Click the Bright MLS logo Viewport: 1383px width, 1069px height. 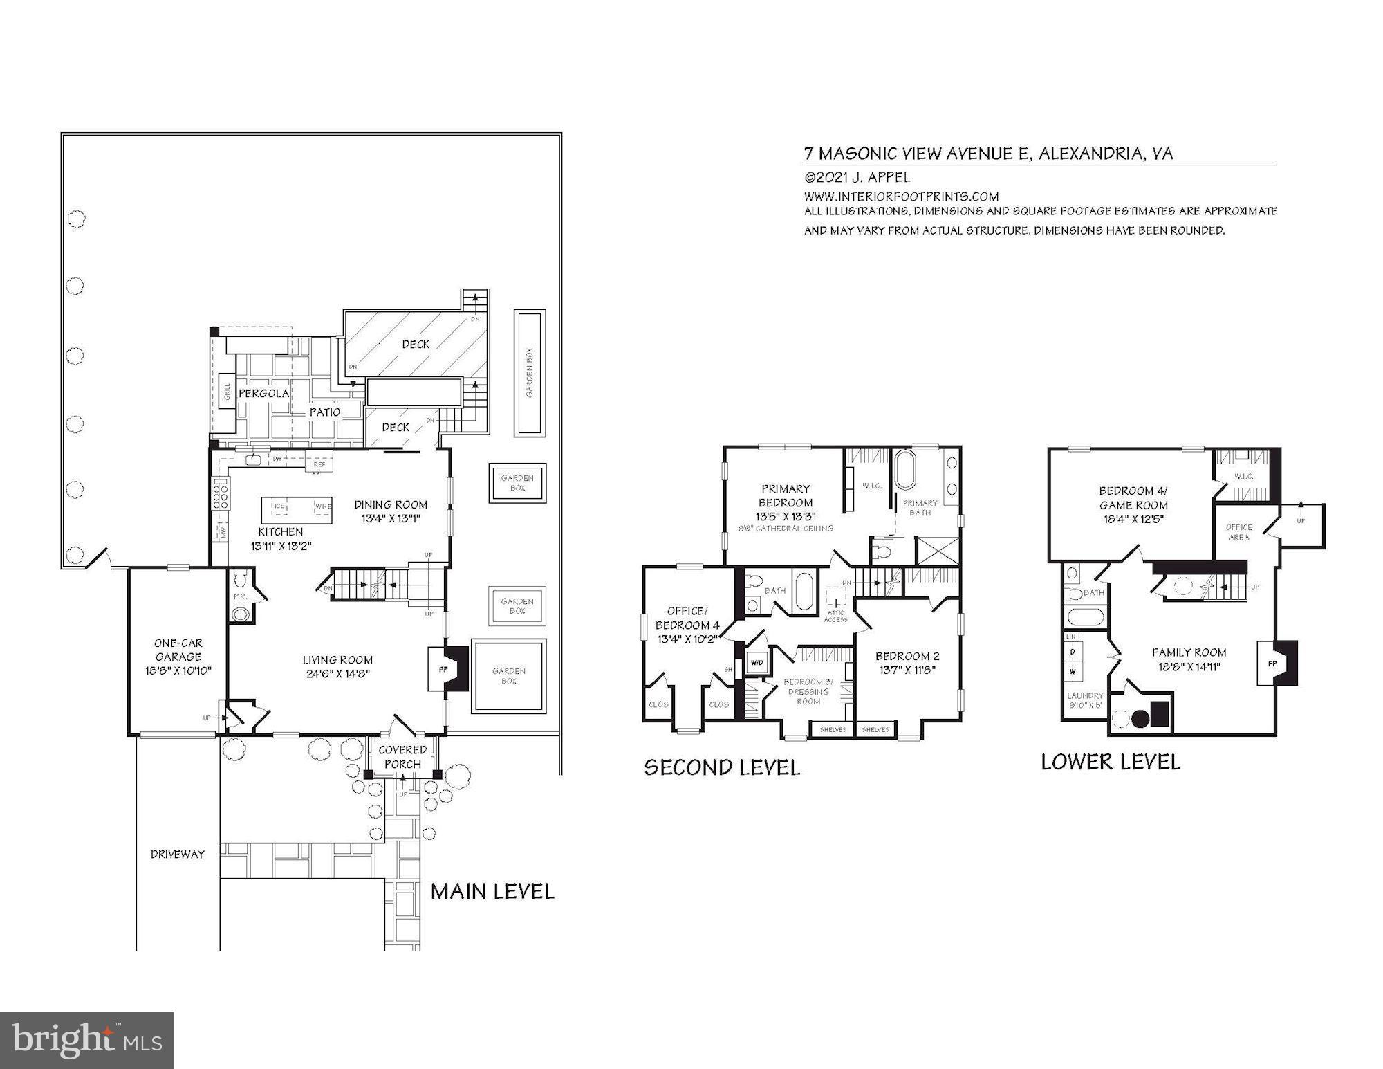tap(86, 1040)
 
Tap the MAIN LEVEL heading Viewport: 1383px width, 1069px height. tap(492, 891)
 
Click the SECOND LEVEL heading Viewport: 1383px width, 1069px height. tap(722, 767)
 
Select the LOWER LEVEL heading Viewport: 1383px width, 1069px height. tap(1111, 762)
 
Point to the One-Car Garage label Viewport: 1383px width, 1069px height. tap(178, 650)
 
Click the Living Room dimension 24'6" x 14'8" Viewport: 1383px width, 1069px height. tap(337, 674)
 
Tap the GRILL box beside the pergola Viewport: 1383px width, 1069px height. tap(226, 392)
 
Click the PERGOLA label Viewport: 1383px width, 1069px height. tap(263, 393)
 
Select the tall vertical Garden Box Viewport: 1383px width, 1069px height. tap(530, 372)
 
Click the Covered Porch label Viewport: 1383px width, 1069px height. tap(402, 757)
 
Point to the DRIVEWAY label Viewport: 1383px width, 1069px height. tap(178, 854)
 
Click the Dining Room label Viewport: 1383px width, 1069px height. tap(391, 504)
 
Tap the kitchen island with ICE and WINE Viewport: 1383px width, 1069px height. tap(297, 511)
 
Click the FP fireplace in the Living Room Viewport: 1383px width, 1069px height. tap(444, 669)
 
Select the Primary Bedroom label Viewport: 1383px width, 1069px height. tap(785, 495)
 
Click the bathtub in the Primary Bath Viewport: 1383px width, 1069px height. tap(904, 470)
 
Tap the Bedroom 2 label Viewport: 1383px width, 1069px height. tap(907, 656)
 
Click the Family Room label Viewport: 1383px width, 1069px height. tap(1189, 652)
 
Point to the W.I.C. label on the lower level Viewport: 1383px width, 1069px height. tap(1243, 476)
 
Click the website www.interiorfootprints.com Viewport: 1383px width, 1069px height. tap(901, 197)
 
